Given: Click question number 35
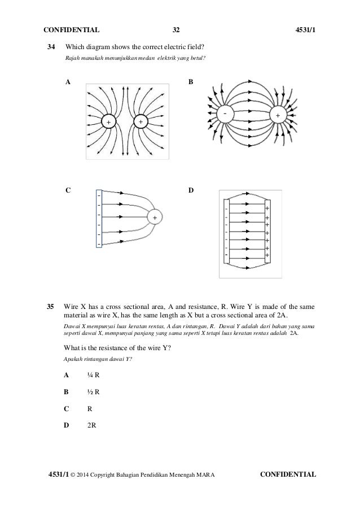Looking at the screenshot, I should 50,307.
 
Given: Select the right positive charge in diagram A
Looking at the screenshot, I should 140,122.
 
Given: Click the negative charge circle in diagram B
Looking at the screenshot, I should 226,115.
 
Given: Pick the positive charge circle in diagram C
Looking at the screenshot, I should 154,217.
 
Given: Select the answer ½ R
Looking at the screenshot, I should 93,391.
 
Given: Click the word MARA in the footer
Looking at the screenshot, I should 205,474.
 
